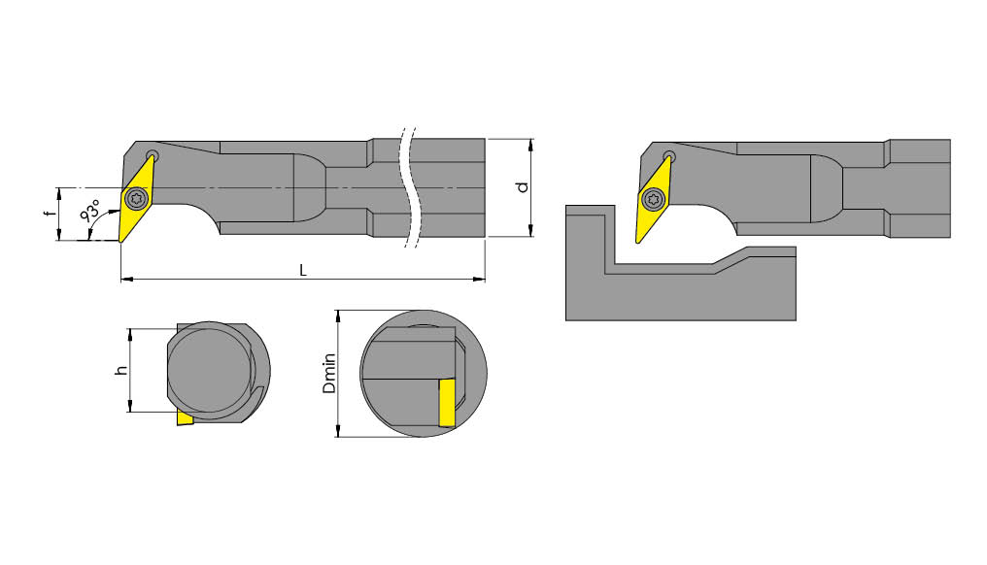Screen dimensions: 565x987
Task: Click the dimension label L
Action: click(x=303, y=271)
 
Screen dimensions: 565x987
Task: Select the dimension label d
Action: click(x=523, y=186)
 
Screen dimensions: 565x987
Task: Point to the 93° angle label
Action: click(x=91, y=213)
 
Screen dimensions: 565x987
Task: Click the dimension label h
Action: click(x=119, y=370)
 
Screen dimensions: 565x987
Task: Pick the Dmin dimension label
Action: click(x=329, y=373)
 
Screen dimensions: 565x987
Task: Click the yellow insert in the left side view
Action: click(x=135, y=200)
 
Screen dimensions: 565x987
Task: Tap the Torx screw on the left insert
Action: click(x=135, y=199)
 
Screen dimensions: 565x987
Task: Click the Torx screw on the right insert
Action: click(x=655, y=201)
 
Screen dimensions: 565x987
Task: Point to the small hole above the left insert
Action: click(x=152, y=156)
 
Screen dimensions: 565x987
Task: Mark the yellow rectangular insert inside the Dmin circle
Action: click(x=447, y=403)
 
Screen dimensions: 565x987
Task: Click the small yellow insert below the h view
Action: click(x=185, y=419)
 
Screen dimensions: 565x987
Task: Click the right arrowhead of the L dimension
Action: click(x=481, y=280)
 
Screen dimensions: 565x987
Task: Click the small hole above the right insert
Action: click(x=669, y=156)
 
